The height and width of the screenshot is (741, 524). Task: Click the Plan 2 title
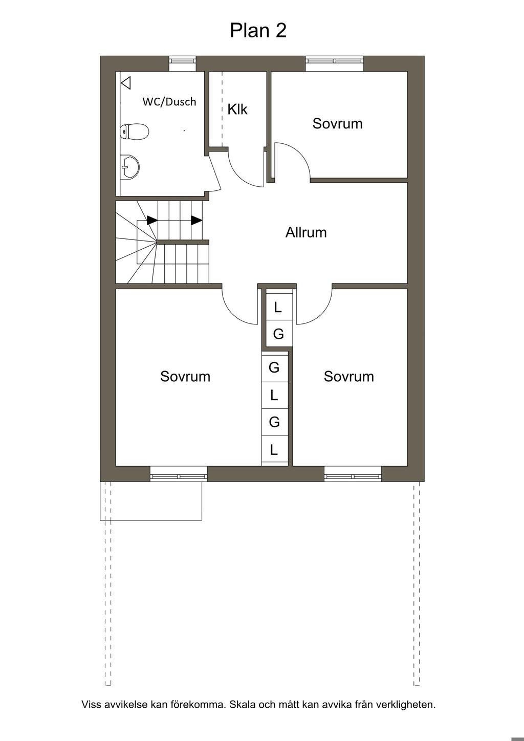258,30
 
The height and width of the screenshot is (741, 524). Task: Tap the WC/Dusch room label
169,101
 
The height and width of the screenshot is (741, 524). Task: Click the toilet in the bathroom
134,133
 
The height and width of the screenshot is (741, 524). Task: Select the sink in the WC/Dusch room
129,167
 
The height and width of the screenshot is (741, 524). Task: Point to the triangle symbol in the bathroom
126,83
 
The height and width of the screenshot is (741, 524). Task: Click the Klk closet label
237,110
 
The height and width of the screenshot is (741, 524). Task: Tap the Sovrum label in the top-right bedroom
337,123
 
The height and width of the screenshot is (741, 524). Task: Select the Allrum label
306,232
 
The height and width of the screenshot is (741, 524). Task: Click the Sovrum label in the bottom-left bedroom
185,377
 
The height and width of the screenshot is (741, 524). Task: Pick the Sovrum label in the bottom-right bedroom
348,377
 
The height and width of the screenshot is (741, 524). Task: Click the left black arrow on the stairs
152,220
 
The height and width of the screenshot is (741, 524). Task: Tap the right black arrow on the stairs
196,220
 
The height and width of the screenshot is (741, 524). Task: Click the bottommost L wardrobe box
275,451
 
